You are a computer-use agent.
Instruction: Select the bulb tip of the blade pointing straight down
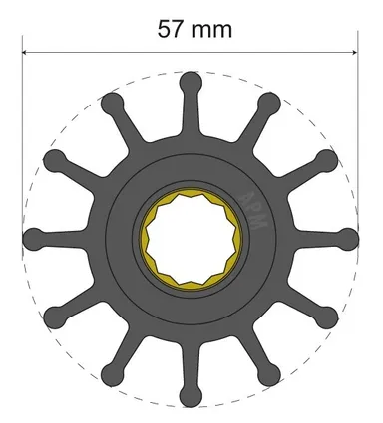pos(190,395)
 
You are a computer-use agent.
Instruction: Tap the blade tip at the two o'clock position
pos(324,161)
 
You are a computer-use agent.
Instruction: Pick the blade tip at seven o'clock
pos(112,374)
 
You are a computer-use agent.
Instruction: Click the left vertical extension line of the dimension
pos(22,149)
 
